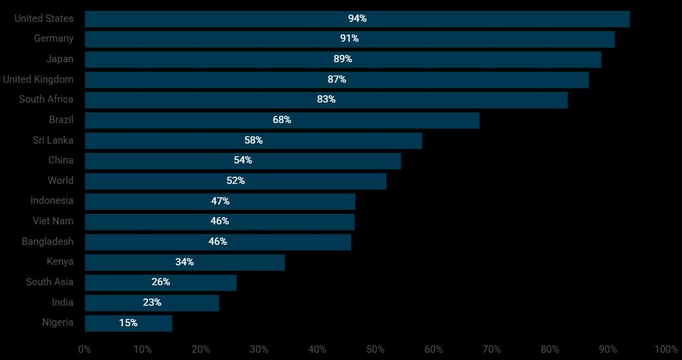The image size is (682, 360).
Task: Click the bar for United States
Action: pyautogui.click(x=357, y=19)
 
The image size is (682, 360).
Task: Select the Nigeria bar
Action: pyautogui.click(x=128, y=323)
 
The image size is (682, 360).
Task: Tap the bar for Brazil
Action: pyautogui.click(x=281, y=120)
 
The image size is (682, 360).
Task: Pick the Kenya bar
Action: pyautogui.click(x=185, y=262)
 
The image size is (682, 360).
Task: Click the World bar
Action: pyautogui.click(x=235, y=181)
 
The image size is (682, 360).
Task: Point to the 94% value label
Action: pyautogui.click(x=358, y=19)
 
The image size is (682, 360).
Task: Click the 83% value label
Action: pyautogui.click(x=326, y=99)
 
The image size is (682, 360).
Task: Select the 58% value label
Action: pyautogui.click(x=254, y=140)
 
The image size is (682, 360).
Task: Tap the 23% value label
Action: pyautogui.click(x=152, y=302)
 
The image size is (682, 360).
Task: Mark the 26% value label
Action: pyautogui.click(x=161, y=282)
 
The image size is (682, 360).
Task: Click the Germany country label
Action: pyautogui.click(x=54, y=38)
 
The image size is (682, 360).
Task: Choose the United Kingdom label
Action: pyautogui.click(x=38, y=79)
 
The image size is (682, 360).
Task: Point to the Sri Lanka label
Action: pyautogui.click(x=53, y=140)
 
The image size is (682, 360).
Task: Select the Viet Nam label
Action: pyautogui.click(x=53, y=221)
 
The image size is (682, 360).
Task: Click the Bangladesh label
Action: pyautogui.click(x=48, y=242)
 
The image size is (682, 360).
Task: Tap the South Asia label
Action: pyautogui.click(x=50, y=282)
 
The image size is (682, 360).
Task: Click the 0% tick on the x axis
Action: pyautogui.click(x=85, y=349)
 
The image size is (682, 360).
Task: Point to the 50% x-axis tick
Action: pyautogui.click(x=375, y=349)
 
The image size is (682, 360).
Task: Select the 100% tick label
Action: pyautogui.click(x=666, y=349)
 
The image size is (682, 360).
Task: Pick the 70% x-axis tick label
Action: pyautogui.click(x=492, y=349)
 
